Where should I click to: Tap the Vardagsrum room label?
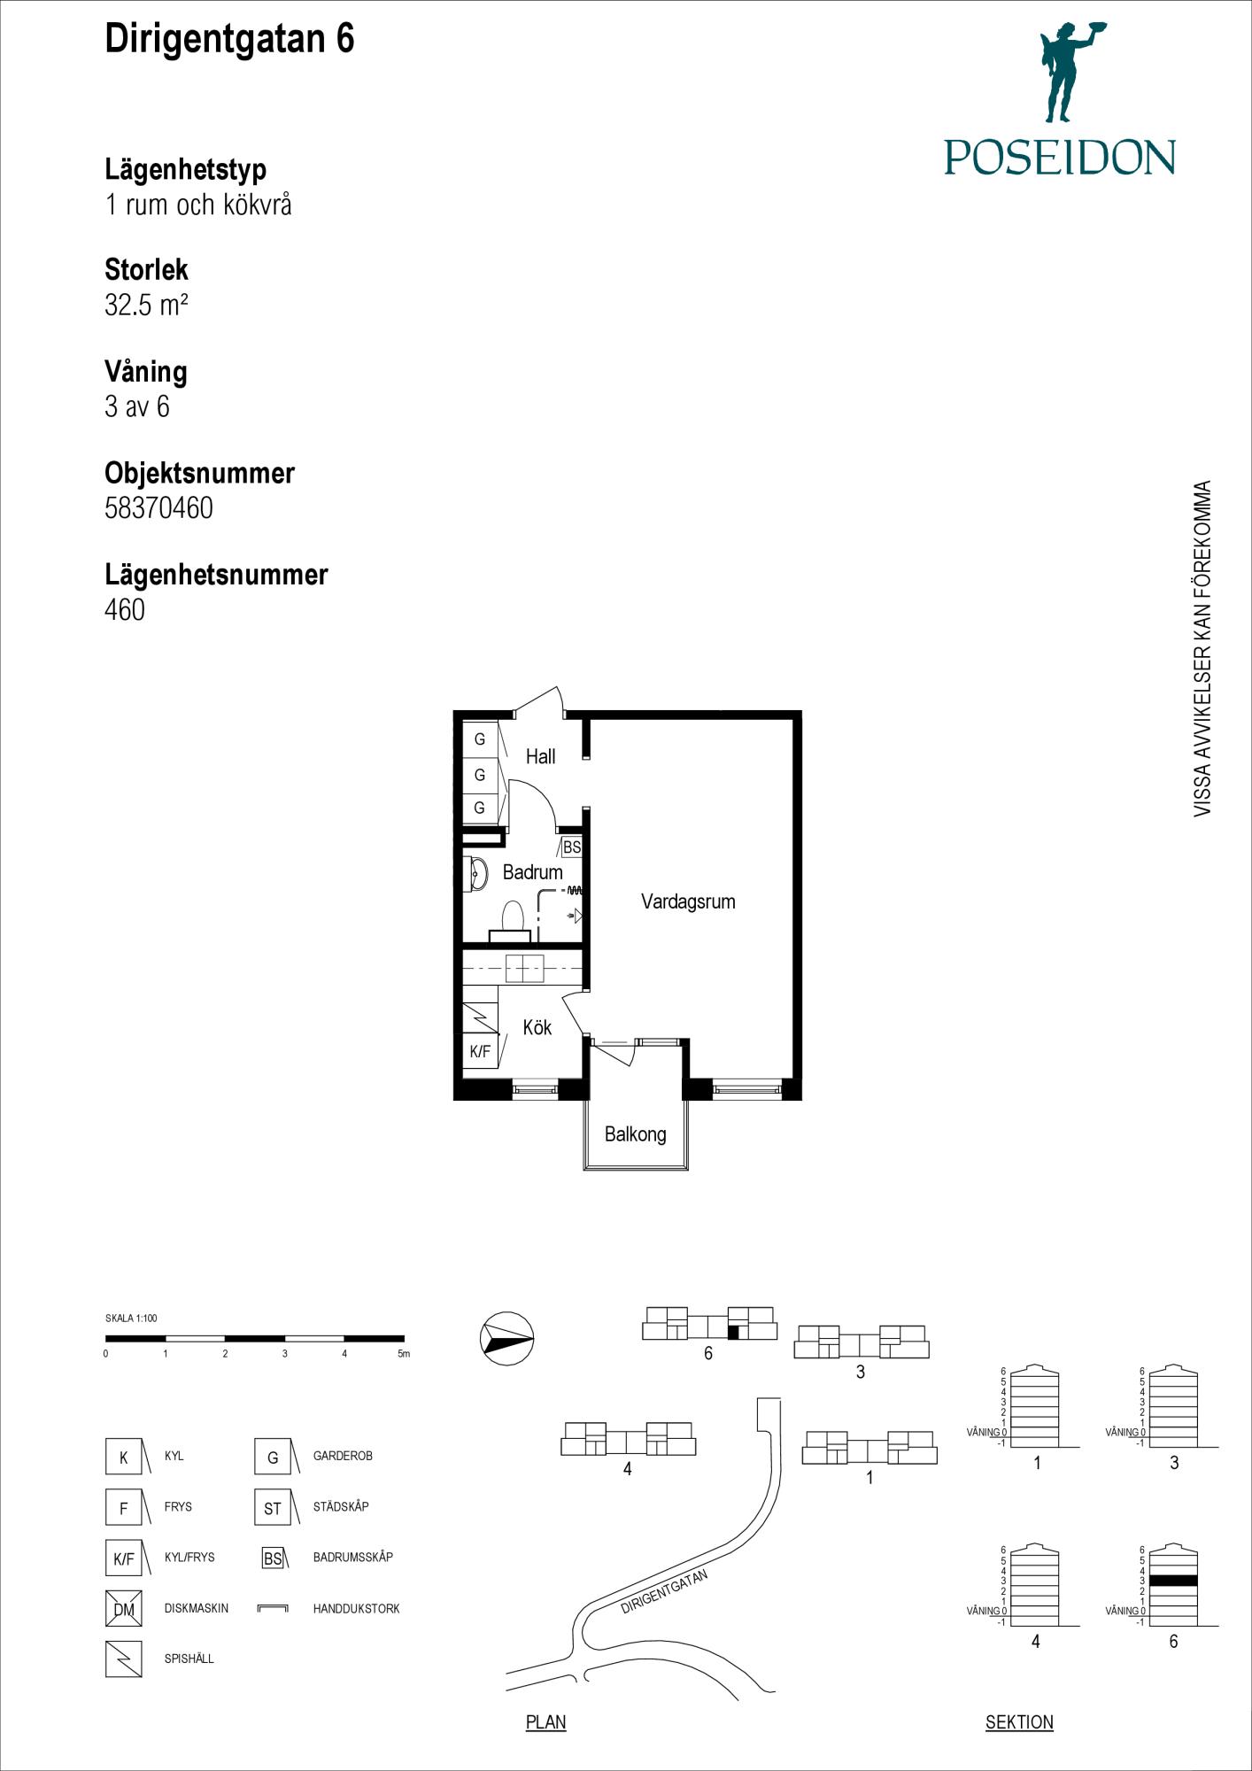pos(688,901)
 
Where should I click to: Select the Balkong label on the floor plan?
pos(635,1134)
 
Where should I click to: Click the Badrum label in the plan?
pos(532,872)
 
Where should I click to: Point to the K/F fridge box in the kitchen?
pos(480,1051)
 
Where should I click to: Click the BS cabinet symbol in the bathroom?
pos(572,847)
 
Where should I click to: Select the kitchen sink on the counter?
pos(524,969)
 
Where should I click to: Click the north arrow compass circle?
pos(507,1338)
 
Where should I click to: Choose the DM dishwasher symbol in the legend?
pos(124,1608)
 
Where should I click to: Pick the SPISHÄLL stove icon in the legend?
pos(124,1659)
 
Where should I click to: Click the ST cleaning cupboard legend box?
pos(273,1507)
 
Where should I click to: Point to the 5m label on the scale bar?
pos(404,1354)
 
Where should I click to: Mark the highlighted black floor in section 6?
pos(1172,1581)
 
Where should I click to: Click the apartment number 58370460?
pos(158,508)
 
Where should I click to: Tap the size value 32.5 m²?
pos(146,305)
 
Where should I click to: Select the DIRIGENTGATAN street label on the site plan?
pos(664,1591)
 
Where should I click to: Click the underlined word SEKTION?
pos(1019,1722)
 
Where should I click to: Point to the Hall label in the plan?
pos(540,756)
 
